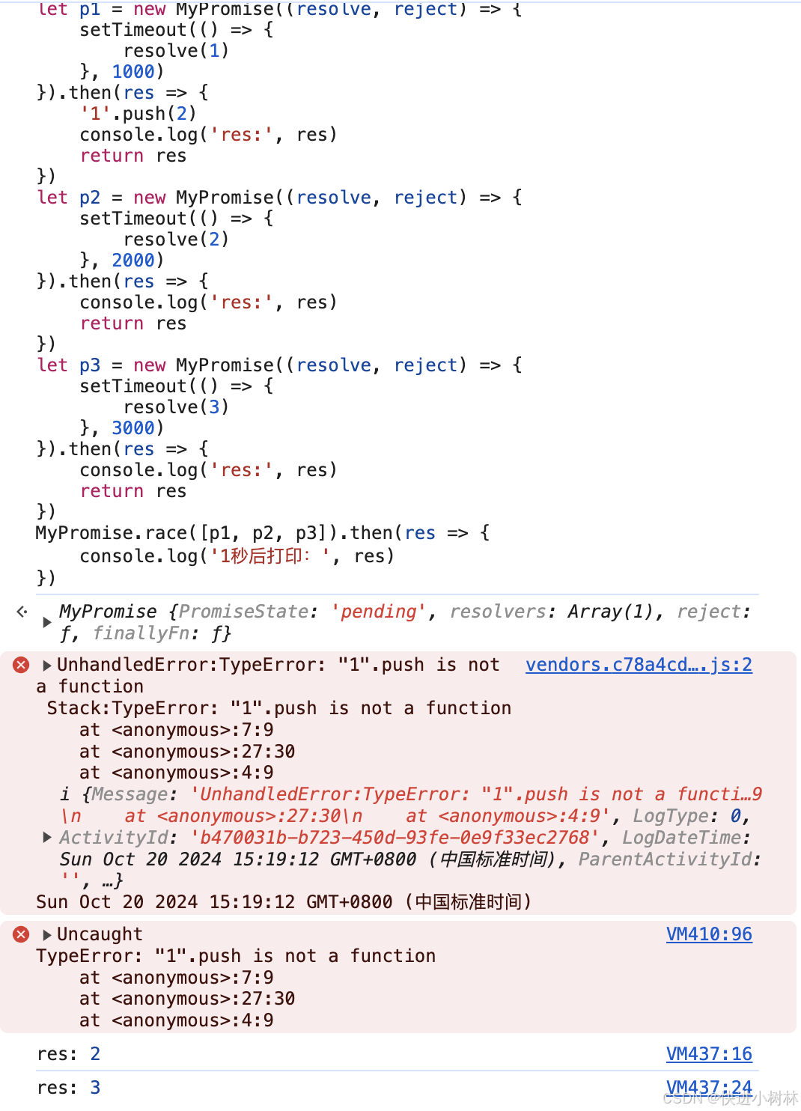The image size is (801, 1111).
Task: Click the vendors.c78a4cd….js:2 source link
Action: point(639,665)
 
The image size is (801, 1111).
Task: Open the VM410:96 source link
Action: point(709,934)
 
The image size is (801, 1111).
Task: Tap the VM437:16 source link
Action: point(709,1054)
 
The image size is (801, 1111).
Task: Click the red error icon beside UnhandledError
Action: point(21,665)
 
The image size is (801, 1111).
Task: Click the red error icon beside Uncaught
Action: point(21,934)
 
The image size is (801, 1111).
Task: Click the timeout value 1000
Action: point(133,72)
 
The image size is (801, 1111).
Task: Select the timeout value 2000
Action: point(133,261)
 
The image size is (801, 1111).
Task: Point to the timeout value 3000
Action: point(133,428)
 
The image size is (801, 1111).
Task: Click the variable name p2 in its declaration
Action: point(90,198)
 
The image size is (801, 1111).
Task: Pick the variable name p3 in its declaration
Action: point(90,365)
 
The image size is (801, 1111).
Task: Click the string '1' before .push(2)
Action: point(95,114)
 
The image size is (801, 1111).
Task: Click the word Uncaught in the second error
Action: point(100,934)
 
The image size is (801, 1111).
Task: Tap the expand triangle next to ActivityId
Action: point(47,837)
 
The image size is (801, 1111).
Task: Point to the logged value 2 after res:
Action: point(95,1054)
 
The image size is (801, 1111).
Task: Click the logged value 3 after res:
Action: point(95,1088)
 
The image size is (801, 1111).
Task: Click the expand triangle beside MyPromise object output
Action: point(47,622)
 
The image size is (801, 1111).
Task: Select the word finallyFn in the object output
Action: point(140,633)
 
